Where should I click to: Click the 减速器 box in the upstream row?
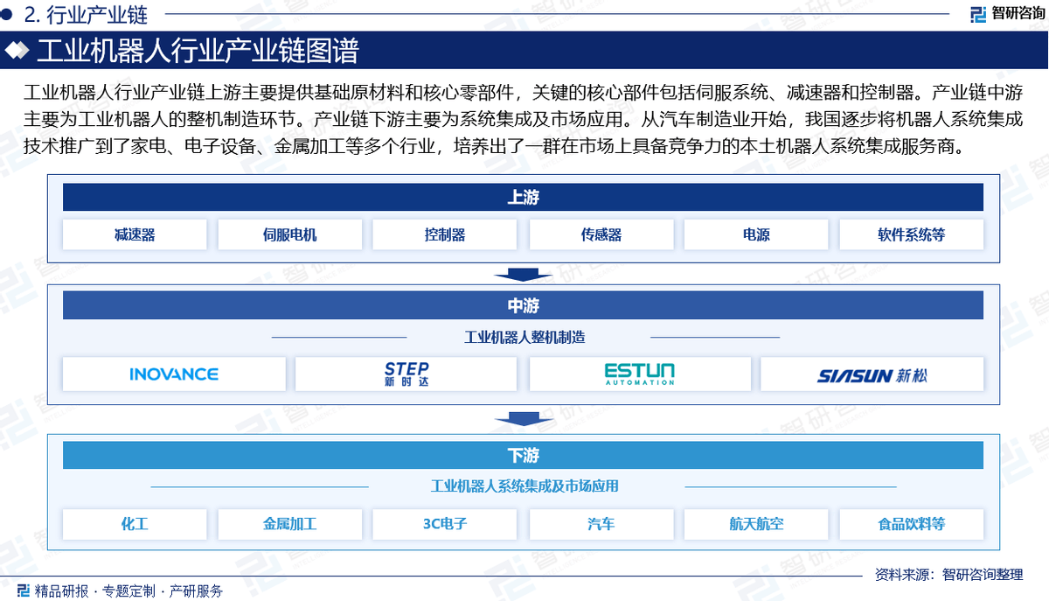coord(135,234)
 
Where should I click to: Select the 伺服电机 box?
coord(289,234)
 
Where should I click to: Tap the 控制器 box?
coord(444,234)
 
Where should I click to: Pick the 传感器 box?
coord(601,234)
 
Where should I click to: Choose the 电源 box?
coord(756,234)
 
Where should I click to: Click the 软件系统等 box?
coord(911,234)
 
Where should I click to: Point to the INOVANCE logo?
coord(174,374)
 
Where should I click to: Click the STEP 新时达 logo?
coord(406,374)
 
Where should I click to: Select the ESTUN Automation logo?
coord(640,374)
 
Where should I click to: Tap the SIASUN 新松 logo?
coord(872,374)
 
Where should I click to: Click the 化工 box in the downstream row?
coord(135,524)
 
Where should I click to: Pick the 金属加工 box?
coord(289,524)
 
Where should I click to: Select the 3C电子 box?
coord(444,524)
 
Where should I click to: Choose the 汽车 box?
coord(601,524)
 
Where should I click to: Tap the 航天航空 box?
coord(756,524)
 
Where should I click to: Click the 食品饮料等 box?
coord(911,524)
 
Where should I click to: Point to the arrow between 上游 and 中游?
coord(523,275)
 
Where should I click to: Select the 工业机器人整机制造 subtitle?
coord(524,337)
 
